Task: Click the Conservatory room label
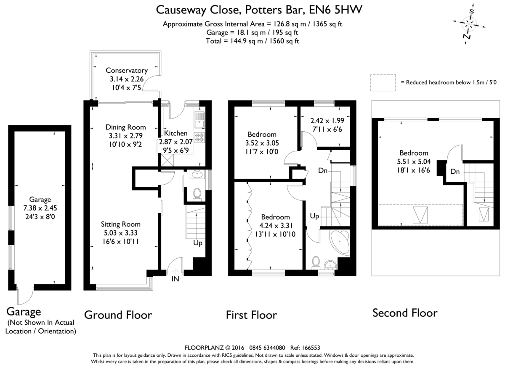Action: coord(127,70)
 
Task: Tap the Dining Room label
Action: coord(125,127)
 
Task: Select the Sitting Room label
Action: coord(121,224)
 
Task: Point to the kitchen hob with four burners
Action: coord(199,138)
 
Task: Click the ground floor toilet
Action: coord(197,194)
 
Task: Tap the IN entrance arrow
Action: coord(175,271)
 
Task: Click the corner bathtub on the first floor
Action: coord(340,243)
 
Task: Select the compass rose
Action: coord(469,24)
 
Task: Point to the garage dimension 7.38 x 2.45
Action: coord(40,208)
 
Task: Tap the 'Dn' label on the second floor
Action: coord(455,172)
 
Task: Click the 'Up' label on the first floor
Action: coord(314,216)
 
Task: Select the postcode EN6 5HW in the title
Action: coord(335,10)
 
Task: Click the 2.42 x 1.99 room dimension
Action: coord(327,121)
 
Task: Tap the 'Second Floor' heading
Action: coord(405,313)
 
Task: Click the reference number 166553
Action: coord(311,348)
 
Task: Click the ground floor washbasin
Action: coord(197,174)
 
